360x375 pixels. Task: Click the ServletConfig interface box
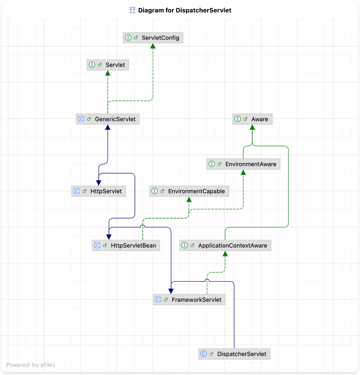pos(152,38)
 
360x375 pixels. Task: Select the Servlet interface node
pos(108,65)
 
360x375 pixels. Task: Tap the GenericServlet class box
pos(108,119)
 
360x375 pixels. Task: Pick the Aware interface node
pos(252,119)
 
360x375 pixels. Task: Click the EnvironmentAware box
pos(243,164)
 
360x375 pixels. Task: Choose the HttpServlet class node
pos(99,191)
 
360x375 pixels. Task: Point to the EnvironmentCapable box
pos(189,191)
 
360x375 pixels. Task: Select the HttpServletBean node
pos(126,245)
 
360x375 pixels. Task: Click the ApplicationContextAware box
pos(225,245)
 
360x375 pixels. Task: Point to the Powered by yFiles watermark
pos(31,365)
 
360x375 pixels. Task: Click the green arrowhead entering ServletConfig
pos(153,46)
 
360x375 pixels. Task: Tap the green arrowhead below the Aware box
pos(252,127)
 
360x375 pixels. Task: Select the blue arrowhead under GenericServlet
pos(108,127)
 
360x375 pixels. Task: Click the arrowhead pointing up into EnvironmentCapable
pos(189,200)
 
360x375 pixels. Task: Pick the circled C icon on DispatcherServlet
pos(204,354)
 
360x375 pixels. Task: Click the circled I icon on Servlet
pos(92,65)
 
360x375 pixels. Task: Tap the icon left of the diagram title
pos(132,10)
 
